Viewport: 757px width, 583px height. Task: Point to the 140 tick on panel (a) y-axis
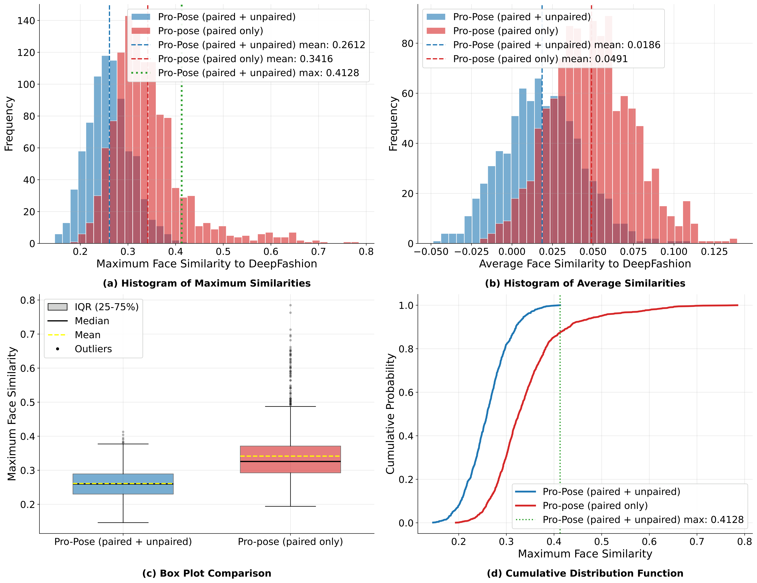point(26,21)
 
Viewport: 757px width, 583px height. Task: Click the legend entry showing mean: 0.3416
point(245,59)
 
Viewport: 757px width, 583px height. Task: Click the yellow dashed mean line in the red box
point(290,456)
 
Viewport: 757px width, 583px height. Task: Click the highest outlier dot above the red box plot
point(290,305)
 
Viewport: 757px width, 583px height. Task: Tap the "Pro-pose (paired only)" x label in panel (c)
point(290,542)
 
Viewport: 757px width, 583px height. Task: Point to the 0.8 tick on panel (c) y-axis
point(28,300)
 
